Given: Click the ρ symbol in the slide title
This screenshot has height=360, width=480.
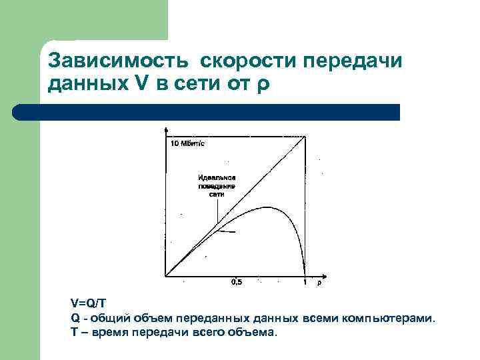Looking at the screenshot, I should point(263,85).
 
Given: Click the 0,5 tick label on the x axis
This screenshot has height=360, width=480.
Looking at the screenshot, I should point(236,282).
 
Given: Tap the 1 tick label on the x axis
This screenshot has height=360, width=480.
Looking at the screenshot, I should point(305,282).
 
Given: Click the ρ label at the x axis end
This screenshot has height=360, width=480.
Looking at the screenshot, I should point(318,282).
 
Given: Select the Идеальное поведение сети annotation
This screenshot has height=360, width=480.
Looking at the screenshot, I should point(217,185).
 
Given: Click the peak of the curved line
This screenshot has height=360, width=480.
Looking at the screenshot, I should point(267,207).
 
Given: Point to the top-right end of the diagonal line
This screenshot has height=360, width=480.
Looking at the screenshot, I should point(305,137).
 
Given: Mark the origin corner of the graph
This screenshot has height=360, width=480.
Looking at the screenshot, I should point(165,275).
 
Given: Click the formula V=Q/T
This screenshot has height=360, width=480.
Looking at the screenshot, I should point(88,304).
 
